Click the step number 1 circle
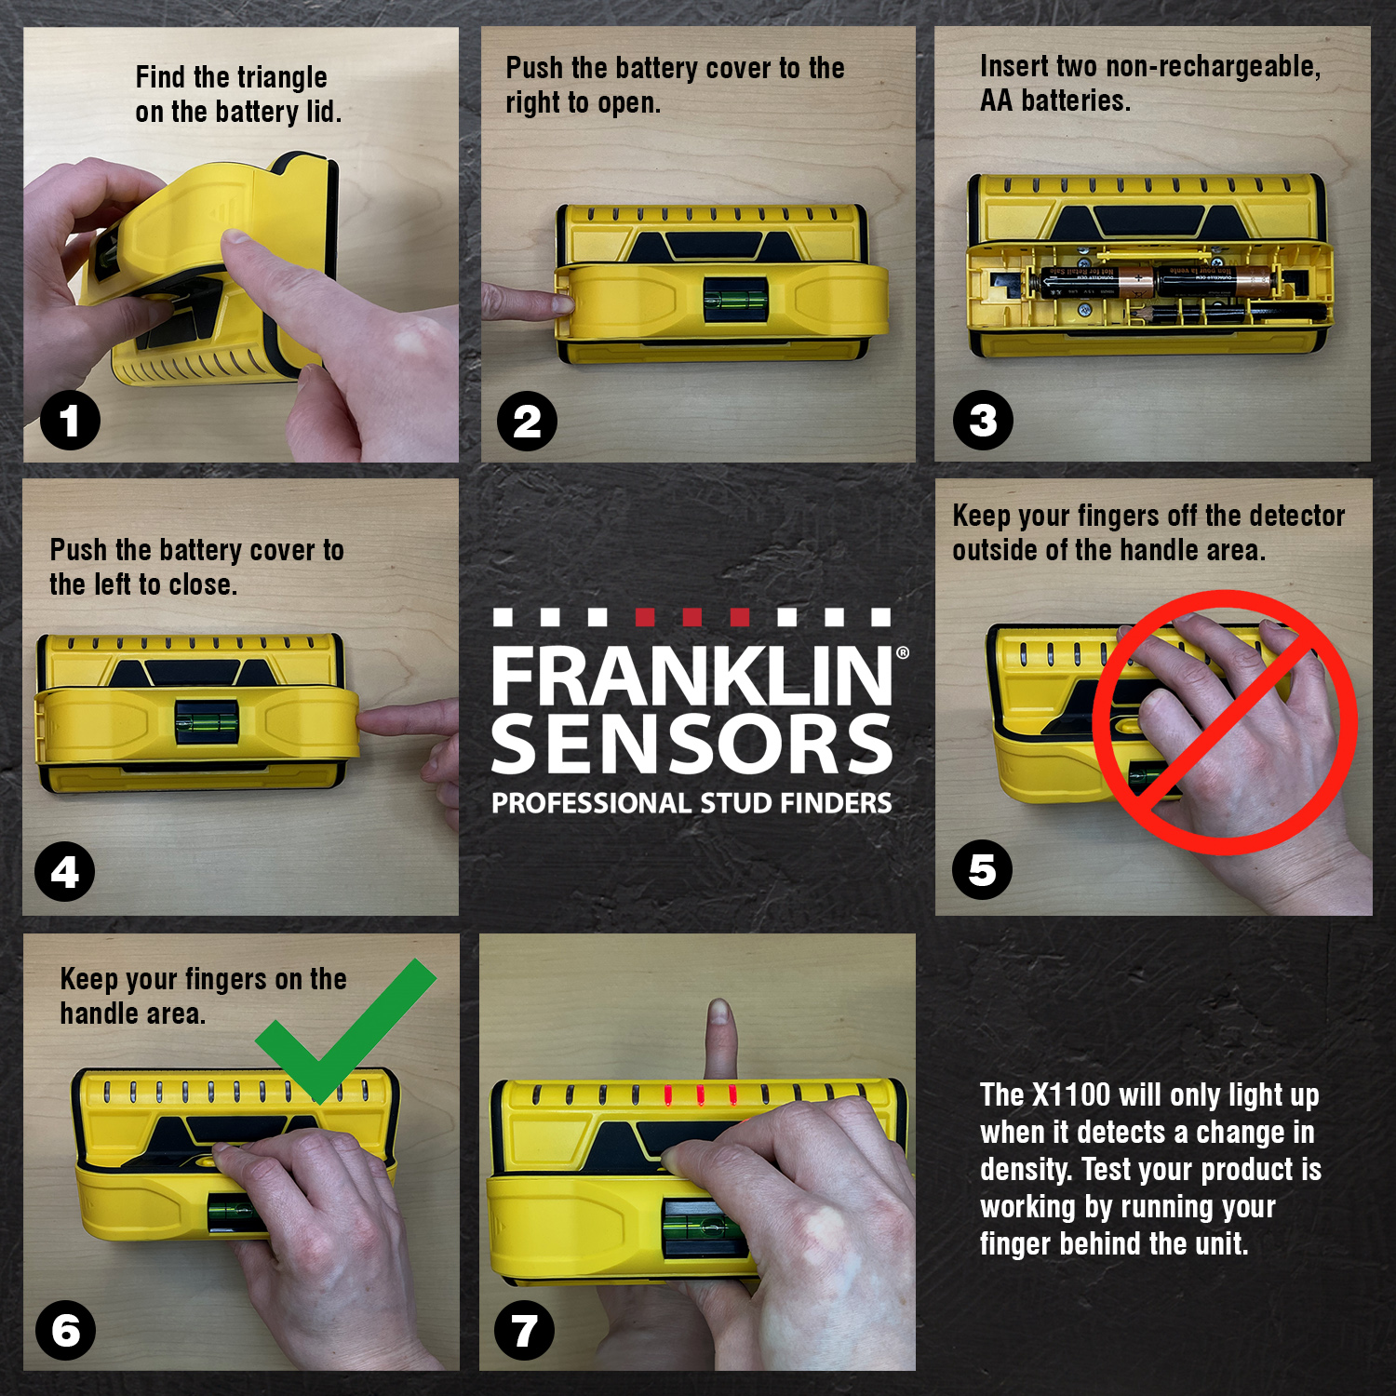pyautogui.click(x=70, y=421)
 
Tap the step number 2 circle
pyautogui.click(x=527, y=422)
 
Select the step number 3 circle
pyautogui.click(x=983, y=421)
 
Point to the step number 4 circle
pyautogui.click(x=64, y=872)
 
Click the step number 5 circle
pyautogui.click(x=982, y=870)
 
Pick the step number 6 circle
pyautogui.click(x=65, y=1330)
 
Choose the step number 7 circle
pyautogui.click(x=524, y=1330)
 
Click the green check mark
pyautogui.click(x=344, y=1033)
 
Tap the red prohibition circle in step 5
pyautogui.click(x=1225, y=722)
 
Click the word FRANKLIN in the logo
pyautogui.click(x=691, y=676)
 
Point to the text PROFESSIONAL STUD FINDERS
pyautogui.click(x=691, y=803)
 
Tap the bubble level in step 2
pyautogui.click(x=735, y=299)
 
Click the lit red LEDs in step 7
pyautogui.click(x=700, y=1095)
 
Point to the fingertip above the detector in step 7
pyautogui.click(x=718, y=1019)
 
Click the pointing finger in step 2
pyautogui.click(x=521, y=302)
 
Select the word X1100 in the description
pyautogui.click(x=1071, y=1095)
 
